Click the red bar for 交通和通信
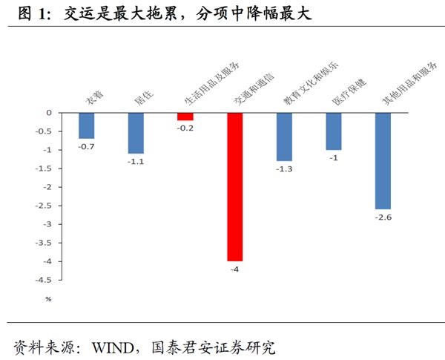pos(234,186)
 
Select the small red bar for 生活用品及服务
pos(185,117)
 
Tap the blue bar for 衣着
pos(87,125)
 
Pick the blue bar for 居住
pos(136,133)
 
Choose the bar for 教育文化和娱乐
pos(284,137)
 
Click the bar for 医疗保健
pos(334,131)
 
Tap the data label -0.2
pos(185,128)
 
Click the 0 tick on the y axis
pos(49,113)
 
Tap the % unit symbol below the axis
pos(48,299)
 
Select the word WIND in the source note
pos(115,346)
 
